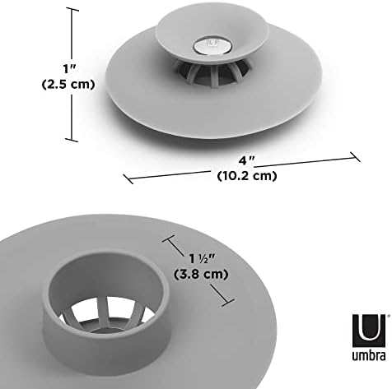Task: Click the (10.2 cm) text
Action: click(245, 175)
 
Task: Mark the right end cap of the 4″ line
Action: click(356, 155)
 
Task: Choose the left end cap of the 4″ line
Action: click(124, 178)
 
